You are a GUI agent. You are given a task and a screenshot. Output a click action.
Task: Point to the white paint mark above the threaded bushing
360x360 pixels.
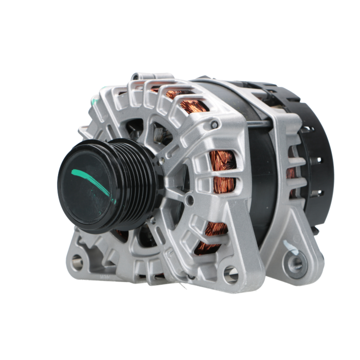(x=291, y=247)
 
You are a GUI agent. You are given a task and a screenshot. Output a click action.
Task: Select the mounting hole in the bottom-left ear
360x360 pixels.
(x=77, y=262)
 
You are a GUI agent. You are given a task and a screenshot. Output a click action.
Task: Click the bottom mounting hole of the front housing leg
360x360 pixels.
(x=230, y=275)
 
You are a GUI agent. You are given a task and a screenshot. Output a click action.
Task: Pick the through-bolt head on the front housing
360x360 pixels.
(x=215, y=125)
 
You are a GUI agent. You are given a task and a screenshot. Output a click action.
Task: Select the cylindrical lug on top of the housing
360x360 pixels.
(x=137, y=76)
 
